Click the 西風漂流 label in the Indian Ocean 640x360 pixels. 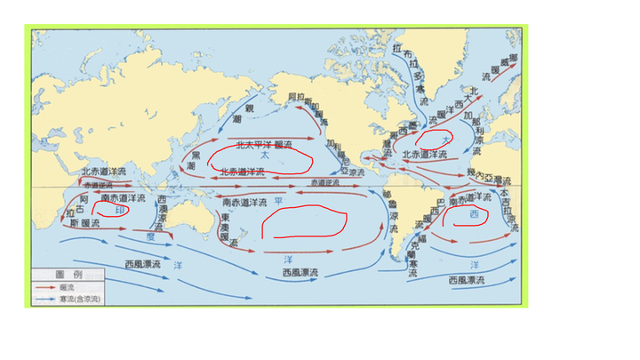[x=142, y=265]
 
